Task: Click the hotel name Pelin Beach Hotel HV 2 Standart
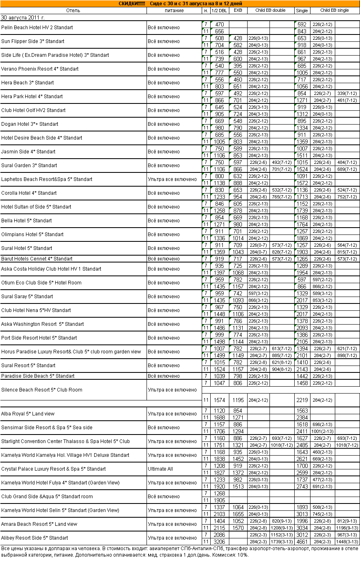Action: (x=37, y=28)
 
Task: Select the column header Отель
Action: (x=73, y=11)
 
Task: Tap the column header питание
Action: (x=174, y=11)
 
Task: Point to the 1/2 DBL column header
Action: (x=220, y=11)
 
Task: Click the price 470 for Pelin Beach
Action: (x=220, y=24)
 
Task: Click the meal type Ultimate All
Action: (x=160, y=469)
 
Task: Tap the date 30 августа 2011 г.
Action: (x=23, y=18)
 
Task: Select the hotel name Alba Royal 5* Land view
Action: (x=28, y=414)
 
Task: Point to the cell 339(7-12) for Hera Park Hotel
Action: (x=347, y=93)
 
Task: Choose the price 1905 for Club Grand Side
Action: (x=220, y=500)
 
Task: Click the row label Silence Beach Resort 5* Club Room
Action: (x=42, y=390)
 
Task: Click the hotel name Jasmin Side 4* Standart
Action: (x=28, y=152)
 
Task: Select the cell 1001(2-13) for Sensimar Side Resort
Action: (x=322, y=431)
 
